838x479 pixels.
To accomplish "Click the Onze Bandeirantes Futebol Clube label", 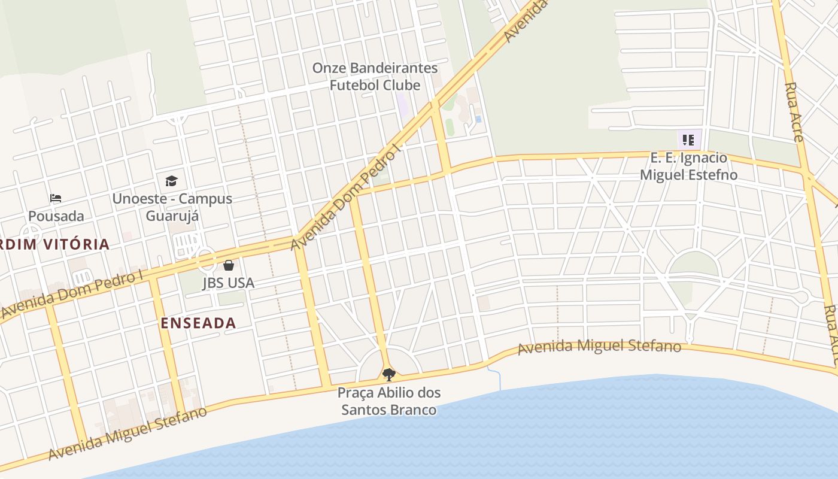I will click(375, 77).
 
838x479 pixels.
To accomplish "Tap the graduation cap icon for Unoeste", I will click(171, 181).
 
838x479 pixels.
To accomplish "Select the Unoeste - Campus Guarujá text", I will click(172, 207).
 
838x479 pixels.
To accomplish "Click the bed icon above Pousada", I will click(56, 198).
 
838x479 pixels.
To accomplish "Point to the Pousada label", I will click(56, 216).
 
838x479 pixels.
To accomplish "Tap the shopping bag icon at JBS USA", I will click(229, 265).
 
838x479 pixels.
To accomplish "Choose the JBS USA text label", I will click(228, 283).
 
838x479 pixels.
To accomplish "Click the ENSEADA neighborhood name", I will click(198, 323).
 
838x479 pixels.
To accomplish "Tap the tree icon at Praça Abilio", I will click(389, 375).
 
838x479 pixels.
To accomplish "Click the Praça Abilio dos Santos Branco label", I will click(389, 401).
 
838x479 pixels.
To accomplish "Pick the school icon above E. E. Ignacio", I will click(688, 140).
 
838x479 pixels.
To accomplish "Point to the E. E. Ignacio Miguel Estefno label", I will click(688, 166).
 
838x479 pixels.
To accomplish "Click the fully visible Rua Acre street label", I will click(794, 112).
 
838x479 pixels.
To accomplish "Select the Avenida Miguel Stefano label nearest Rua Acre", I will click(599, 347).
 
